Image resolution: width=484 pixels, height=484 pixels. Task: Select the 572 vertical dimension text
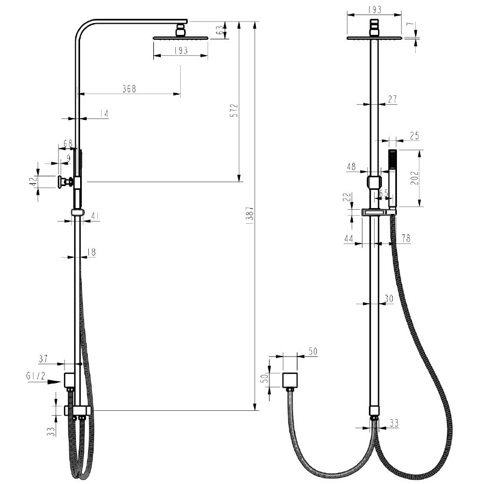coord(234,110)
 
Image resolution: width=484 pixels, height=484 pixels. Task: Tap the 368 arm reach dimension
coord(129,89)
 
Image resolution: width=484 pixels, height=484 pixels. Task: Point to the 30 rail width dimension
coord(389,298)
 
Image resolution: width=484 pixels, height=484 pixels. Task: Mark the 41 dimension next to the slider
coord(95,216)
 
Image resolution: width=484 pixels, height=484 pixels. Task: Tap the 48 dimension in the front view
coord(351,167)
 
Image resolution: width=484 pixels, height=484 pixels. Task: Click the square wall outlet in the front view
coord(291,379)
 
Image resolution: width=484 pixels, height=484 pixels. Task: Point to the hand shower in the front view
coord(392,177)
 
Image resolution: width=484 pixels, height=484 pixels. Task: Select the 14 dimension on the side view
coord(104,113)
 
